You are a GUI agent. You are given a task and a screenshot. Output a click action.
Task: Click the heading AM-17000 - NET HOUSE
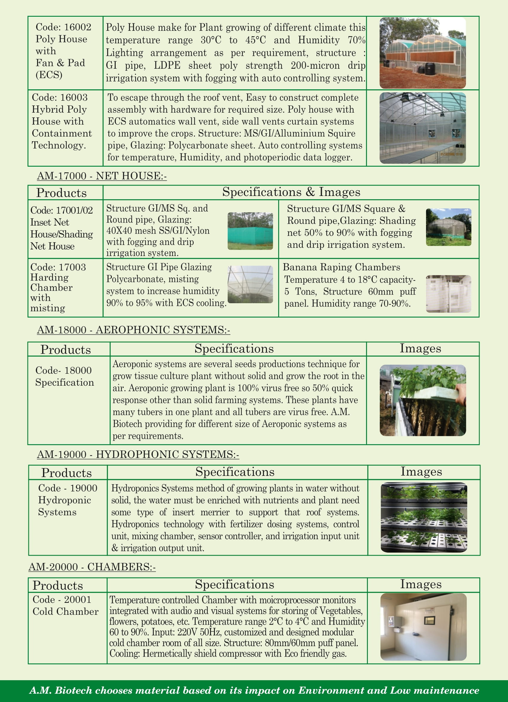coord(102,176)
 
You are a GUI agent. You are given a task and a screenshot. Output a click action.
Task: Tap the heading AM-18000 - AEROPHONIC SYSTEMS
coord(133,330)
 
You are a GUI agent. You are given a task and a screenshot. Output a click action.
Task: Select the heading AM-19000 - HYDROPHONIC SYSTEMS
coord(138,454)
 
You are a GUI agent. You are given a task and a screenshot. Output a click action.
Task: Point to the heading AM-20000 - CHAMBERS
coord(92,567)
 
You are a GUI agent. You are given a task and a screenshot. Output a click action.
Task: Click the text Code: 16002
coord(63,27)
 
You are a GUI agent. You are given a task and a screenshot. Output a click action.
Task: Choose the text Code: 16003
coord(60,97)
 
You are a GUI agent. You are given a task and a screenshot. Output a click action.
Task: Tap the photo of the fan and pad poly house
coord(423,53)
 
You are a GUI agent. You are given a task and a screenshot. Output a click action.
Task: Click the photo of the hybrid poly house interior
coord(423,128)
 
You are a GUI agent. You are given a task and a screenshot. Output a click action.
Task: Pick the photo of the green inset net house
coord(250,231)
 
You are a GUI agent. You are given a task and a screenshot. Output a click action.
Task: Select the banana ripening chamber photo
coord(449,294)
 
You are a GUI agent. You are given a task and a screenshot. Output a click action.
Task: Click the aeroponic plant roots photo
coord(423,400)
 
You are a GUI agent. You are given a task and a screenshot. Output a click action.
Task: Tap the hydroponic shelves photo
coord(423,517)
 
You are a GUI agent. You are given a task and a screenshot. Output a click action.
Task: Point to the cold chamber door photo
coord(423,627)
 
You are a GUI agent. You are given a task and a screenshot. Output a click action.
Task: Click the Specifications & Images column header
coord(291,192)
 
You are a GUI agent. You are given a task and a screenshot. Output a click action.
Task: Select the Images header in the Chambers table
coord(421,584)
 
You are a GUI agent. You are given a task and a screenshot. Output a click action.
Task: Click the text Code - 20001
coord(62,599)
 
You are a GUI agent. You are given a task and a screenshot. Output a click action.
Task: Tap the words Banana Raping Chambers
coord(341,267)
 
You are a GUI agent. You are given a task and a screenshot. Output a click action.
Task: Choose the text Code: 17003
coord(58,267)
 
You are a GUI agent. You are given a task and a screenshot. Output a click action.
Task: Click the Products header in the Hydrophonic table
coord(67,473)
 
